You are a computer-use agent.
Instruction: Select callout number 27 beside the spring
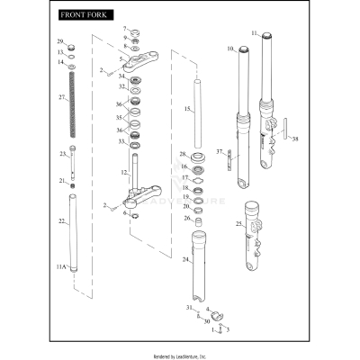(61, 97)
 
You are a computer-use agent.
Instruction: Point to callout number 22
(61, 220)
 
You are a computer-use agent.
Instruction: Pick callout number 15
(186, 109)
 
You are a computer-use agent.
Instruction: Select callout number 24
(185, 259)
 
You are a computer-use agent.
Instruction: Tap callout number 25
(238, 223)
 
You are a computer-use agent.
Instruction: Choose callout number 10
(230, 48)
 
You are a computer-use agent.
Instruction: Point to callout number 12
(125, 171)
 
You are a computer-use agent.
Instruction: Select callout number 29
(61, 42)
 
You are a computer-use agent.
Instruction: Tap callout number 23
(63, 154)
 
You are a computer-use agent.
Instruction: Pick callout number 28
(183, 154)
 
